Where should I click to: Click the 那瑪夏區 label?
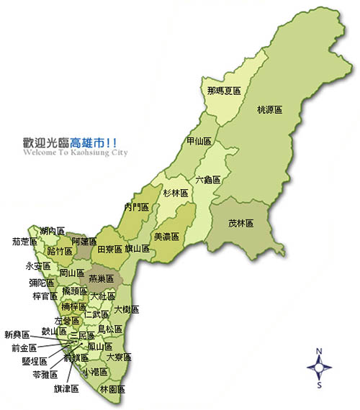[222, 91]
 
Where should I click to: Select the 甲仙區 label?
[199, 141]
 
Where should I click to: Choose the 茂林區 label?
[240, 223]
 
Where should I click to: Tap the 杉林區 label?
[174, 193]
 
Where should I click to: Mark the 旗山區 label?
[137, 249]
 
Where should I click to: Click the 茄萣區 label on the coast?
[25, 242]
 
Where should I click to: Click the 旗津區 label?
[66, 388]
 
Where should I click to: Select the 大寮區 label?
[119, 356]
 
